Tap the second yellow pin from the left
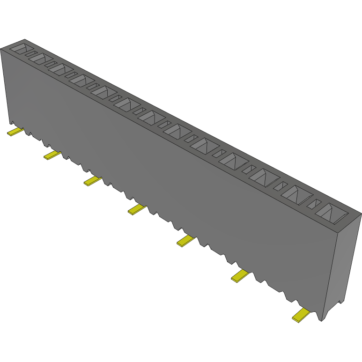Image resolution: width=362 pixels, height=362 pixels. pyautogui.click(x=52, y=155)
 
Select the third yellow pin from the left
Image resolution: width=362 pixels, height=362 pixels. pyautogui.click(x=92, y=180)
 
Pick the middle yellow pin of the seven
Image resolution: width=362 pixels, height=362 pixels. pyautogui.click(x=137, y=209)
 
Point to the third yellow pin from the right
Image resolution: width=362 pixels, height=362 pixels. pyautogui.click(x=185, y=241)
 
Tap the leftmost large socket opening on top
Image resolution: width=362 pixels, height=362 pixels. pyautogui.click(x=19, y=48)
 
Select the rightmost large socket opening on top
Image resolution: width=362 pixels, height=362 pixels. pyautogui.click(x=332, y=212)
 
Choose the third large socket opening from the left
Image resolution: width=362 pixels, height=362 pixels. pyautogui.click(x=59, y=69)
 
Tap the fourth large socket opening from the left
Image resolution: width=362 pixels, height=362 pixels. pyautogui.click(x=81, y=81)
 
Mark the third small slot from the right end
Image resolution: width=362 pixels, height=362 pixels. pyautogui.click(x=248, y=169)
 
